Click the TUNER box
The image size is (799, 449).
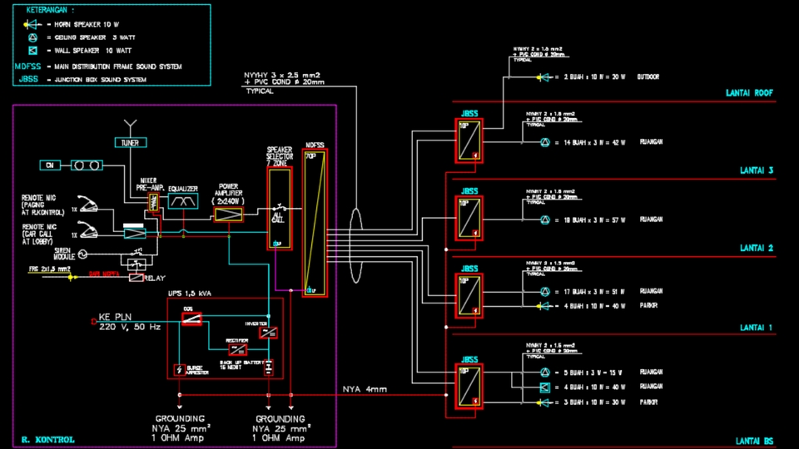[130, 143]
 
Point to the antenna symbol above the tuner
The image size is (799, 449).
[130, 126]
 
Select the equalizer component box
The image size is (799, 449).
[183, 201]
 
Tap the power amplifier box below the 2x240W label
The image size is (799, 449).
[228, 215]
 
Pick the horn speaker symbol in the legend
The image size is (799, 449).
[32, 24]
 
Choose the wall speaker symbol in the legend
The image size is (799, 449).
[32, 52]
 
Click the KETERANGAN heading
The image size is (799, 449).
[51, 11]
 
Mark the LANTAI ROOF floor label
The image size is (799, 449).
[752, 93]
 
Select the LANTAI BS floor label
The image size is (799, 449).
[755, 441]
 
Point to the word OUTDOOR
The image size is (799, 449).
[648, 77]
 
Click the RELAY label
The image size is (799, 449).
[155, 278]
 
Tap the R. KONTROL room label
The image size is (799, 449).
[47, 439]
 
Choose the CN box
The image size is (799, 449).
[50, 165]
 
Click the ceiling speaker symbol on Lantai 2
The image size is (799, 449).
[545, 220]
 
